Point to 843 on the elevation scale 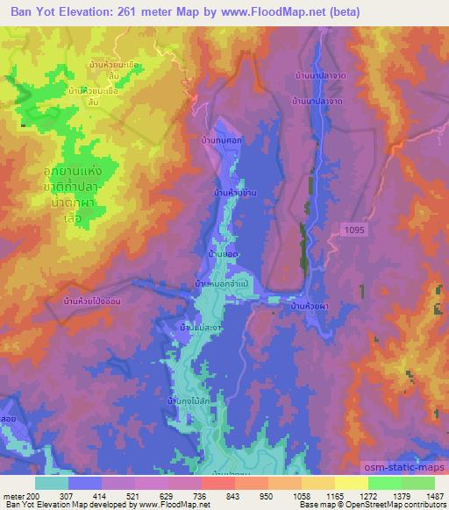point(232,495)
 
